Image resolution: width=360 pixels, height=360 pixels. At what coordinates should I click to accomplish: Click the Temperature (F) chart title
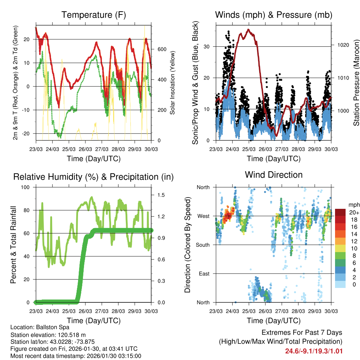click(93, 15)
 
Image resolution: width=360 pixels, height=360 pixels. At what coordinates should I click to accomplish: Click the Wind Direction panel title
click(274, 175)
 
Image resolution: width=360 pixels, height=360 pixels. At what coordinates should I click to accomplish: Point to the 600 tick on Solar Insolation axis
click(161, 49)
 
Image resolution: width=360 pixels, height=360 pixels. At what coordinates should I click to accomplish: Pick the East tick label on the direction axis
click(204, 274)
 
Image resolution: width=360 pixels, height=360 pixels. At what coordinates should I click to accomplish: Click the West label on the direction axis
click(203, 216)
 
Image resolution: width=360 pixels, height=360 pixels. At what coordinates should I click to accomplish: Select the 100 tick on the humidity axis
click(26, 187)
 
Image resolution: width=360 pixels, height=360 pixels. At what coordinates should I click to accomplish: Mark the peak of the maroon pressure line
click(248, 30)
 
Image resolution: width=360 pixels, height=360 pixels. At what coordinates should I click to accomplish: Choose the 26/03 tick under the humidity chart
click(85, 311)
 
